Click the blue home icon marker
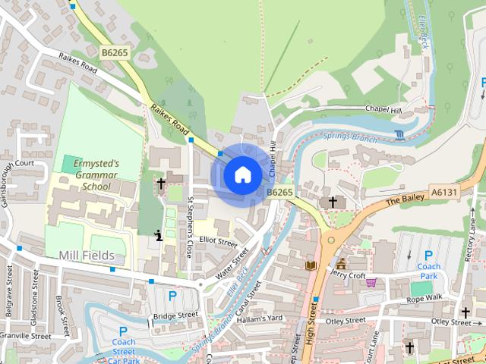(x=242, y=174)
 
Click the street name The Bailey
(x=402, y=202)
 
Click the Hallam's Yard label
(x=260, y=317)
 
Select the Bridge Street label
(x=175, y=315)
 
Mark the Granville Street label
(x=24, y=335)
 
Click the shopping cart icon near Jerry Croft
(x=371, y=283)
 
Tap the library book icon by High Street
(x=310, y=265)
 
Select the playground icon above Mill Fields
(x=158, y=234)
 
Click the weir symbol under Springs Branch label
(x=399, y=135)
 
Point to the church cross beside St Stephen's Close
(x=161, y=184)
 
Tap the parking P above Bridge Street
(x=172, y=296)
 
